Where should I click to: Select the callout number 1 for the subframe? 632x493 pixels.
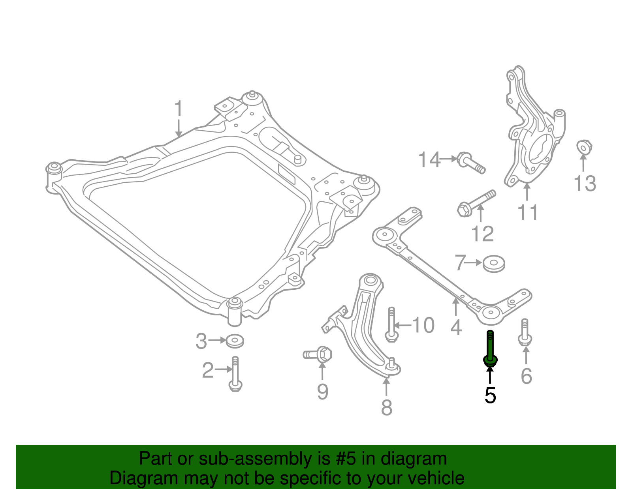(179, 109)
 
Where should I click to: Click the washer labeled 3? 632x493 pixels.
(235, 341)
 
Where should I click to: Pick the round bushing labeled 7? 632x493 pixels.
(494, 263)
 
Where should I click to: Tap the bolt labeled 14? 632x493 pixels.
(470, 163)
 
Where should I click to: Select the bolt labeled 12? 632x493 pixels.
(476, 203)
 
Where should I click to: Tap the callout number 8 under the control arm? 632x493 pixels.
(386, 407)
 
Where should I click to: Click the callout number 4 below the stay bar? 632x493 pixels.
(456, 328)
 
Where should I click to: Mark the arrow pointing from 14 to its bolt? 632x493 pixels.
(448, 159)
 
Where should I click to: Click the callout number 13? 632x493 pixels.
(585, 184)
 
